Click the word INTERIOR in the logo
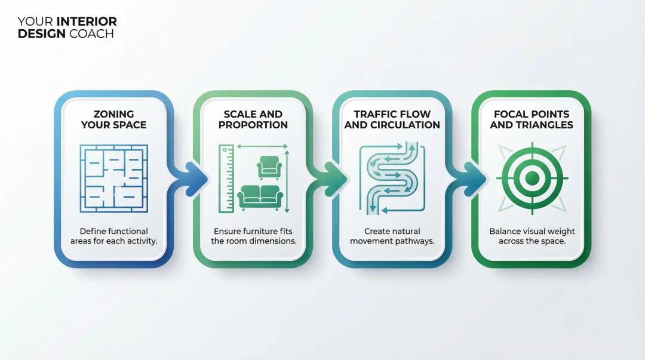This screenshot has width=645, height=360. pyautogui.click(x=87, y=22)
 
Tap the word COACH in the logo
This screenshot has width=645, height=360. pyautogui.click(x=91, y=34)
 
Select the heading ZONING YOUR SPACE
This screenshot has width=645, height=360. pyautogui.click(x=113, y=119)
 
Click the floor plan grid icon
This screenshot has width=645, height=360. pyautogui.click(x=113, y=177)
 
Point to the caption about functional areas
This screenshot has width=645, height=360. pyautogui.click(x=113, y=236)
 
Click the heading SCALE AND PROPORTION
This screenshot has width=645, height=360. pyautogui.click(x=253, y=119)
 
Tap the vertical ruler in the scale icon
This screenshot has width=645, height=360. pyautogui.click(x=226, y=178)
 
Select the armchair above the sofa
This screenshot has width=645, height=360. pyautogui.click(x=269, y=167)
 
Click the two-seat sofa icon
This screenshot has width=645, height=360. pyautogui.click(x=260, y=197)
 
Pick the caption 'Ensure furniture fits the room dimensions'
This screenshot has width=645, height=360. pyautogui.click(x=253, y=236)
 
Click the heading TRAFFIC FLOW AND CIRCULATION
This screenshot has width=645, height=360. pyautogui.click(x=392, y=119)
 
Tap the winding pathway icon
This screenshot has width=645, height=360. pyautogui.click(x=392, y=178)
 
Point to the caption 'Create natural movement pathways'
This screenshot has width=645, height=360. pyautogui.click(x=392, y=236)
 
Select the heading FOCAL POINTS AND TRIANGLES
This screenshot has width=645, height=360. pyautogui.click(x=532, y=119)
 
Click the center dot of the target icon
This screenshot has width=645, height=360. pyautogui.click(x=532, y=178)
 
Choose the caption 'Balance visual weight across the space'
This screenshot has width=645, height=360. pyautogui.click(x=532, y=236)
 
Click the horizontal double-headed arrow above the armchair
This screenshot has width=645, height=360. pyautogui.click(x=263, y=146)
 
